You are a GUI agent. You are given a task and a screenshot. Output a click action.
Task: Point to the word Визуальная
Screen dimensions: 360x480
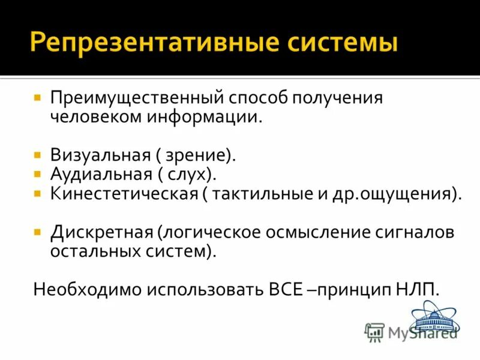(100, 155)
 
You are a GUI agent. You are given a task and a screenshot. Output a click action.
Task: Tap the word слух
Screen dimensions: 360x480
(191, 175)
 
